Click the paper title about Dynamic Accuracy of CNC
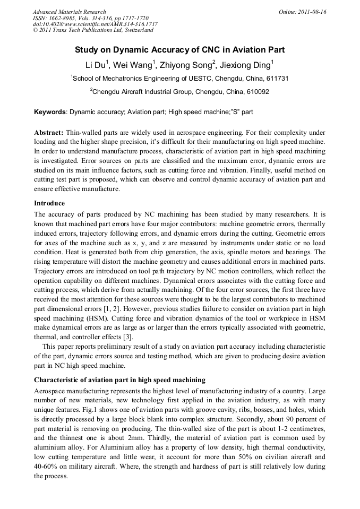click(x=179, y=50)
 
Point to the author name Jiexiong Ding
click(x=247, y=65)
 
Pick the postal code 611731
click(x=277, y=79)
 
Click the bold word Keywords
click(x=50, y=113)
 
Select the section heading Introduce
click(x=49, y=203)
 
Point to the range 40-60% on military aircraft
click(x=46, y=464)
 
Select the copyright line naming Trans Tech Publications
click(x=93, y=30)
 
